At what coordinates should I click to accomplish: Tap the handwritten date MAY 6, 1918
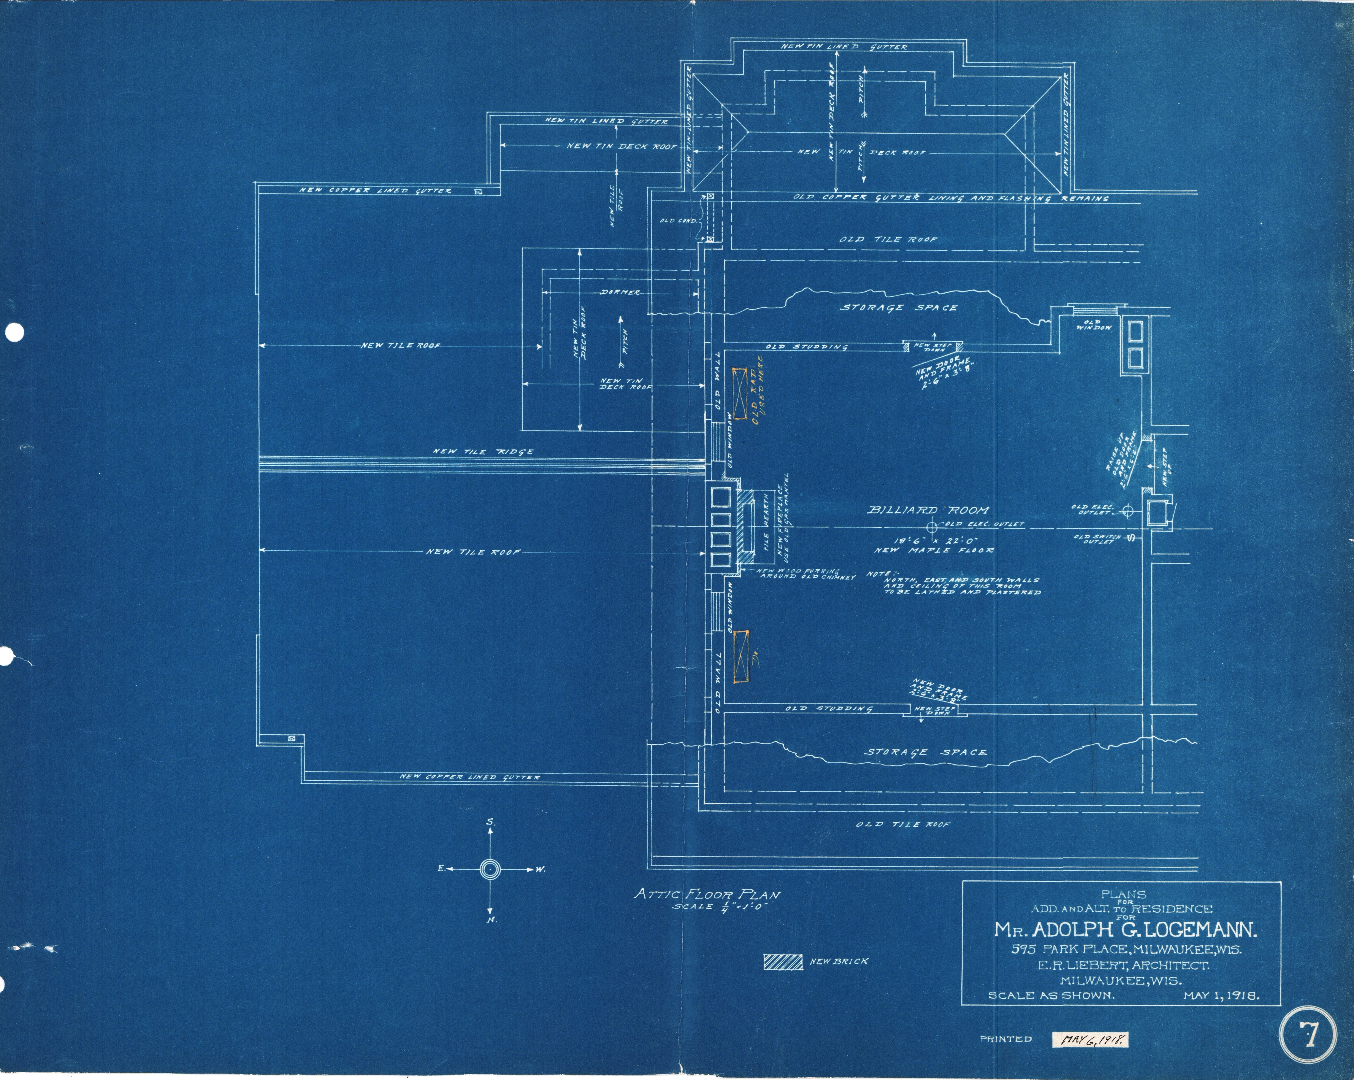(1091, 1040)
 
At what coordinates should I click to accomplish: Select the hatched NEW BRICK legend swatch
(783, 962)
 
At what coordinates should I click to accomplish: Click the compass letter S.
(490, 822)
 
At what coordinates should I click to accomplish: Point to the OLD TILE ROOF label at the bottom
(903, 824)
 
